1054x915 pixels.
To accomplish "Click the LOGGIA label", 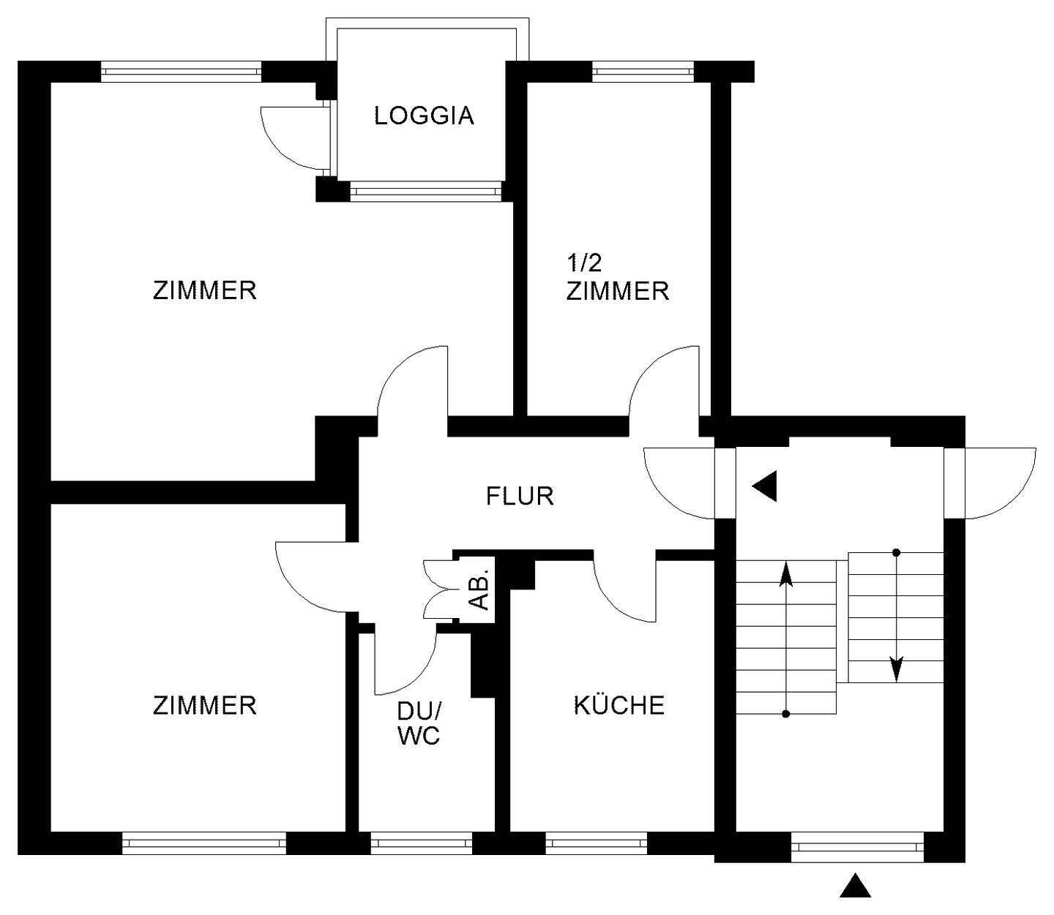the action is point(424,116).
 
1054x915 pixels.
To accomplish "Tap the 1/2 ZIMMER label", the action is point(617,279).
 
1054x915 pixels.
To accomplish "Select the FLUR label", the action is point(520,497).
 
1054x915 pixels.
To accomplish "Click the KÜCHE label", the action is point(618,705).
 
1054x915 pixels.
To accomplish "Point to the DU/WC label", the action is point(419,723).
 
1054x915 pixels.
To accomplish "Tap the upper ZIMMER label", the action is point(204,291).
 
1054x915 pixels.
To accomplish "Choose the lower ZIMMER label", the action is point(204,705).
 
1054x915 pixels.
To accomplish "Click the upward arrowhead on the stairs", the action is point(785,574).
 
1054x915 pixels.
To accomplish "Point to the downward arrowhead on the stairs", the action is point(897,669).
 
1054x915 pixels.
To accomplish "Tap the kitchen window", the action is point(596,843).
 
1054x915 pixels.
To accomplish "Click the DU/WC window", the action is point(421,843).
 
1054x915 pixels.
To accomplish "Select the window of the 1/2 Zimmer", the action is point(643,72).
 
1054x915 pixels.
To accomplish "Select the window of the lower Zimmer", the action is point(204,843).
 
